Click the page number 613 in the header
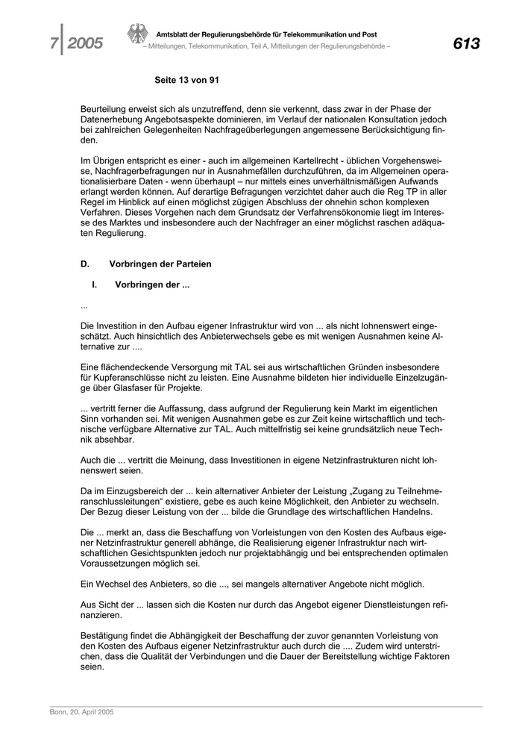click(x=465, y=43)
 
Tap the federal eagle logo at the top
click(x=137, y=35)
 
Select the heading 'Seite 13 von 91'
click(x=186, y=79)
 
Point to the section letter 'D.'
click(x=85, y=264)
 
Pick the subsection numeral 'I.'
click(x=95, y=284)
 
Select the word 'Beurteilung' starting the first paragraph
click(x=106, y=109)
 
